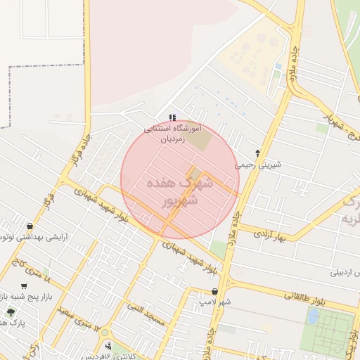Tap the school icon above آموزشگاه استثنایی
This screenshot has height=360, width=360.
[173, 117]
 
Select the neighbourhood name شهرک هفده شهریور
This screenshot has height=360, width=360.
[180, 192]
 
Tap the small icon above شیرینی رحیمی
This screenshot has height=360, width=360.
[257, 153]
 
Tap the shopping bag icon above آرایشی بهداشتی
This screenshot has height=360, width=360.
[30, 226]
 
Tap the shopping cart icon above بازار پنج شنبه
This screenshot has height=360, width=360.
[25, 285]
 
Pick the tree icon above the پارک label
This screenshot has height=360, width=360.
[9, 309]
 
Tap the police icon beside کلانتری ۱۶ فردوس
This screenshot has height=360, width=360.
[108, 346]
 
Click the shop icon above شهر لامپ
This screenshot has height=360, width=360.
[215, 291]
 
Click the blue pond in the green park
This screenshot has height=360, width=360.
[312, 316]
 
